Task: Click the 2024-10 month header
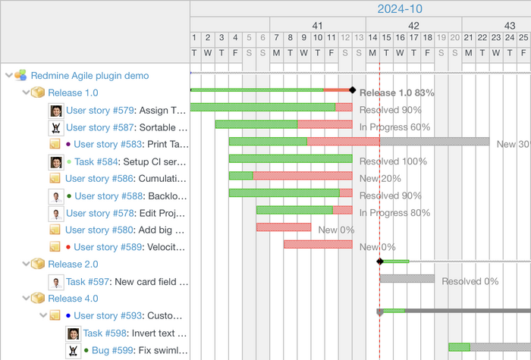tap(400, 9)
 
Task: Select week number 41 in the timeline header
tap(317, 24)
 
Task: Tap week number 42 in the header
tap(413, 24)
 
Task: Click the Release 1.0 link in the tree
tap(73, 92)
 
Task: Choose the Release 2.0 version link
tap(73, 265)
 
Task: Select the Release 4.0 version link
tap(73, 299)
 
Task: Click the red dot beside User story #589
tap(69, 247)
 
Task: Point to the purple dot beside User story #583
tap(69, 144)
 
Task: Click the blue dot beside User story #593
tap(69, 316)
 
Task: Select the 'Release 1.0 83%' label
tap(397, 92)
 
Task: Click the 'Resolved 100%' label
tap(393, 161)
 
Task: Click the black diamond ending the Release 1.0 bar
tap(352, 90)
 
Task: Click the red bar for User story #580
tap(283, 227)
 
